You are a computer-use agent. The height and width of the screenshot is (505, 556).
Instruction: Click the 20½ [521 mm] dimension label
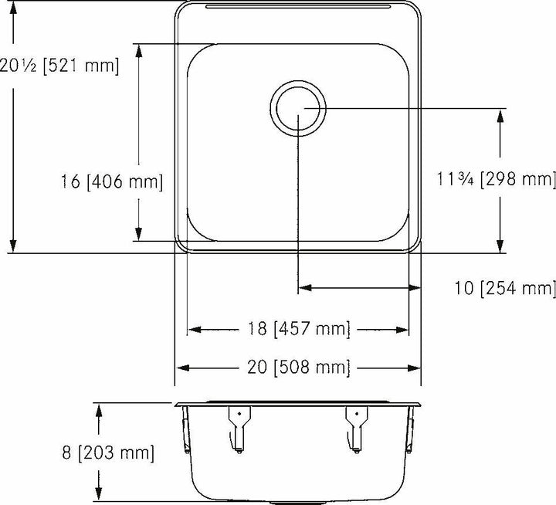(60, 66)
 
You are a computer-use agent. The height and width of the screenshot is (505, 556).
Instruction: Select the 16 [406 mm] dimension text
(112, 182)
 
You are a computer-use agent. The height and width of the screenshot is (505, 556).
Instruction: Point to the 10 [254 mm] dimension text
(506, 289)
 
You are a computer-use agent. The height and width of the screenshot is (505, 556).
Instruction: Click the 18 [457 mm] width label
(298, 330)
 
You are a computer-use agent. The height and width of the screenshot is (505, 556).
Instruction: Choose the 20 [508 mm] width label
(298, 367)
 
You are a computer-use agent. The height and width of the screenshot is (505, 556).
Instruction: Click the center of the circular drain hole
(298, 109)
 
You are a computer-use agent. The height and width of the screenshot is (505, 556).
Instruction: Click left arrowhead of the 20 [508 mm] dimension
(182, 367)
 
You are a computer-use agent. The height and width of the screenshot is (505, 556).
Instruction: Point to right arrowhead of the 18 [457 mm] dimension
(402, 330)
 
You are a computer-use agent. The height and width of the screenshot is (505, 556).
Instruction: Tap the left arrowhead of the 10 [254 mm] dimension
(305, 288)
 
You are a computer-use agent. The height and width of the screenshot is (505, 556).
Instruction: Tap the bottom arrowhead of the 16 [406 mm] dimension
(139, 234)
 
